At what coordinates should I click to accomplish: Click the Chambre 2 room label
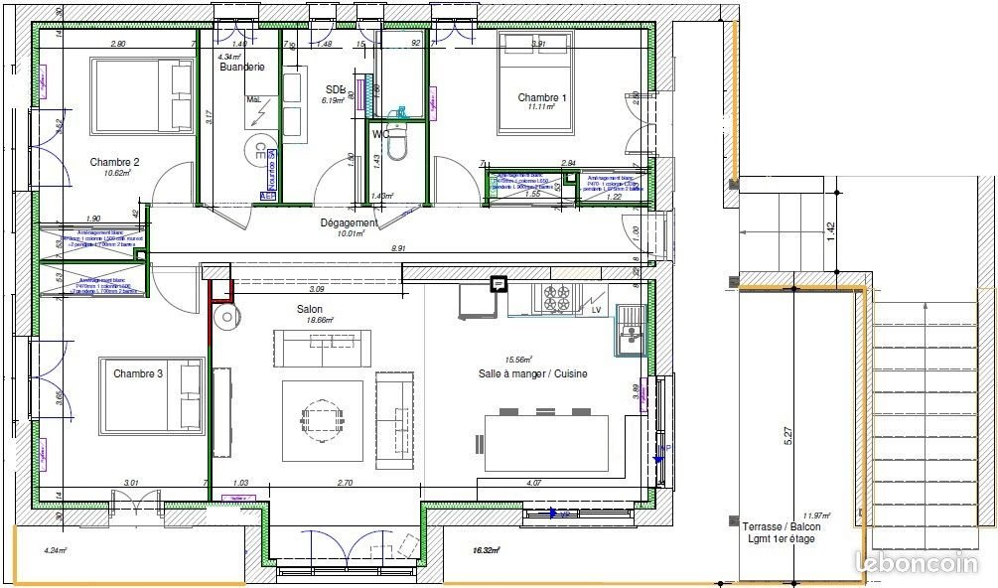point(114,162)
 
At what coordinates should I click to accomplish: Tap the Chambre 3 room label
point(138,373)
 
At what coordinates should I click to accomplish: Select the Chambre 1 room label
point(542,98)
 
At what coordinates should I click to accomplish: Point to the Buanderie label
point(242,68)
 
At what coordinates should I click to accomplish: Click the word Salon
point(310,309)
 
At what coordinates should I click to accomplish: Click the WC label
point(380,133)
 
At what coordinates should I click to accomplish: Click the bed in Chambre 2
point(142,95)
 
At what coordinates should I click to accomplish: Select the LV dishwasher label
point(597,310)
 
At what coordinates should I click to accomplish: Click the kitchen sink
point(629,328)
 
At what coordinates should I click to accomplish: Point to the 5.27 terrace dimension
point(788,435)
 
